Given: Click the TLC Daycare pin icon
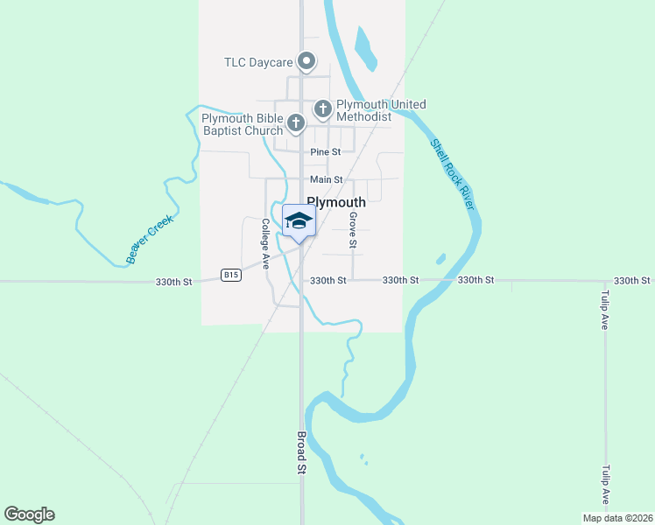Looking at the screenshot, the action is click(306, 61).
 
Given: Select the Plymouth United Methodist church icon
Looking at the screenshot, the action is click(323, 109).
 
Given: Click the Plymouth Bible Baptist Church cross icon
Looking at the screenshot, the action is click(296, 123).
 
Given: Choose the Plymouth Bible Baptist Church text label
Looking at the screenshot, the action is click(243, 125).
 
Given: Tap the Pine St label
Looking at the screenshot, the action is click(325, 152).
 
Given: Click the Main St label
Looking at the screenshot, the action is click(326, 180).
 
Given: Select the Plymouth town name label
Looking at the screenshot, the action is click(336, 201).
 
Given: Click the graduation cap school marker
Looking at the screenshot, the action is click(299, 222).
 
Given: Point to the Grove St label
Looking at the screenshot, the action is click(353, 227).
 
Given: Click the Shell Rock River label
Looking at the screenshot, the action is click(452, 173).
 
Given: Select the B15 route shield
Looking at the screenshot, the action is click(230, 275).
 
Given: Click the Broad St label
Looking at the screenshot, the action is click(300, 452).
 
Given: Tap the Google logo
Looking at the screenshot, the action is click(29, 514).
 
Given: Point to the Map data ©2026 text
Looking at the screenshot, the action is click(617, 518).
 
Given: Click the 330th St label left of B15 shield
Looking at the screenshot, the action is click(173, 282).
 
